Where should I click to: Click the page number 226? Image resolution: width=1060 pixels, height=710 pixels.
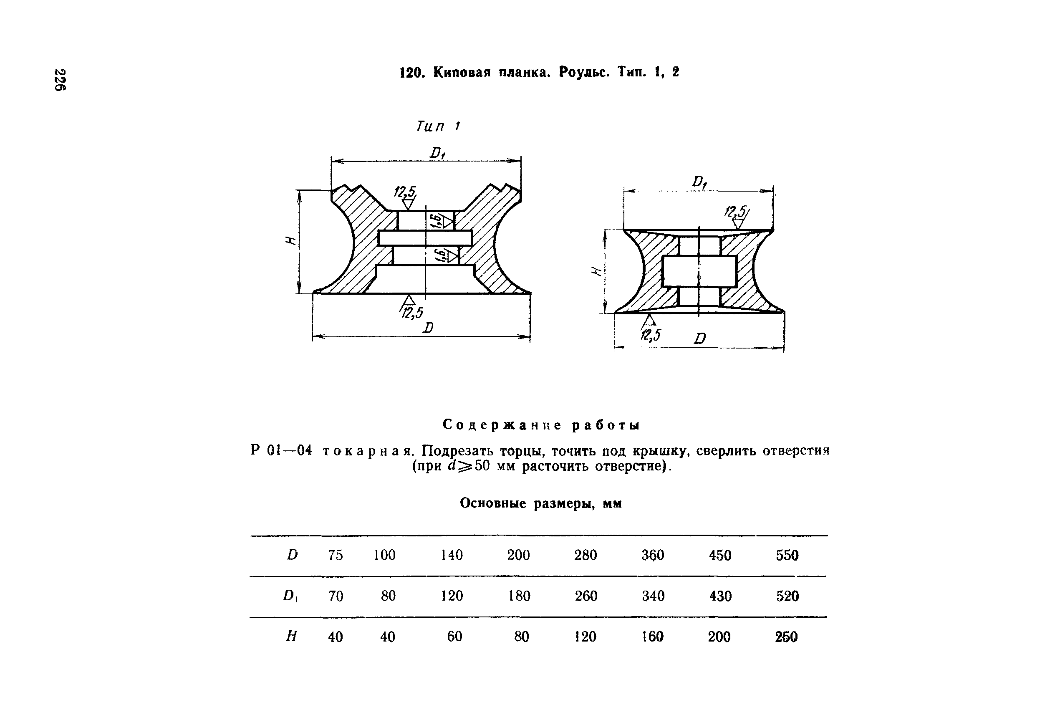[60, 80]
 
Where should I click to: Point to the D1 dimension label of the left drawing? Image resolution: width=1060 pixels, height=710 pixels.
[438, 153]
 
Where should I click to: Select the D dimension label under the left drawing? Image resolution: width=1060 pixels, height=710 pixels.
[428, 327]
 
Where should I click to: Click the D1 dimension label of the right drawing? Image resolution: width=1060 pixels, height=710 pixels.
[699, 182]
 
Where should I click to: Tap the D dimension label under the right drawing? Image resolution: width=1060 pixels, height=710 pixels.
[700, 338]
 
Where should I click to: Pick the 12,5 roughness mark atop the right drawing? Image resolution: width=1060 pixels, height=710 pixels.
[737, 212]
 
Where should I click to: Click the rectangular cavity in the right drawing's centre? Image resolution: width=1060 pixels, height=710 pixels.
[699, 271]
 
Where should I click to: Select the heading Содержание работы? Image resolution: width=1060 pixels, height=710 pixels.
[541, 425]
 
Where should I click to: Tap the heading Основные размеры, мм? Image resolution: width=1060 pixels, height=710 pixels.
[541, 503]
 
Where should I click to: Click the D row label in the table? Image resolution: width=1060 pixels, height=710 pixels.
[293, 555]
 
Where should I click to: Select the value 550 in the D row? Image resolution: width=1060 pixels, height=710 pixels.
[787, 555]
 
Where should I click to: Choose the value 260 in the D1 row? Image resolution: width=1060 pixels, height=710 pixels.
[586, 596]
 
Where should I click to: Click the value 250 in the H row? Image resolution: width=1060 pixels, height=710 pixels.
[786, 637]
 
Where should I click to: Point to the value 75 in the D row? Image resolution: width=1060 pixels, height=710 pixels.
[336, 555]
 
